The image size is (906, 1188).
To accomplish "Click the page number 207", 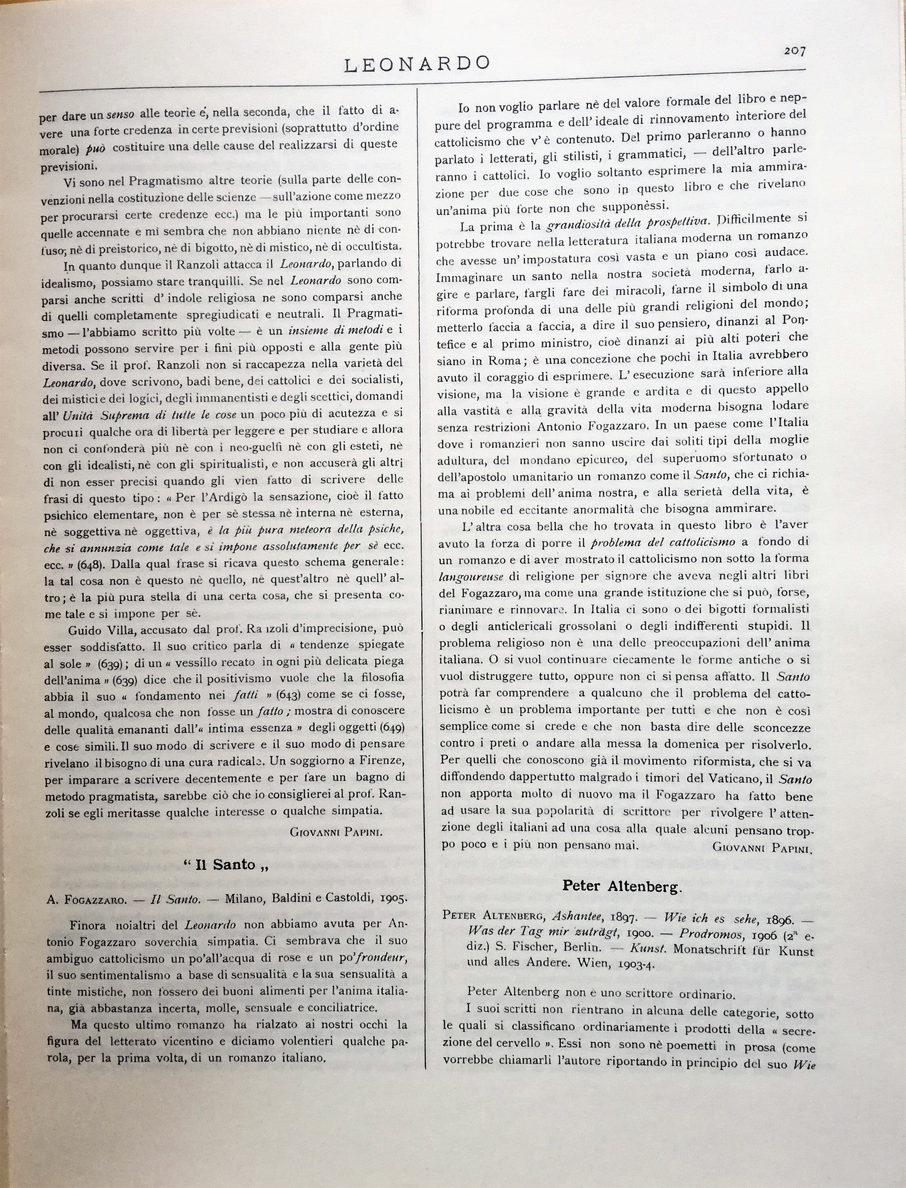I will point(795,51).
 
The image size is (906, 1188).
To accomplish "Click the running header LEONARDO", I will point(417,64).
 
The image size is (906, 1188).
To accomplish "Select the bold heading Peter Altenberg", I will point(622,886).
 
